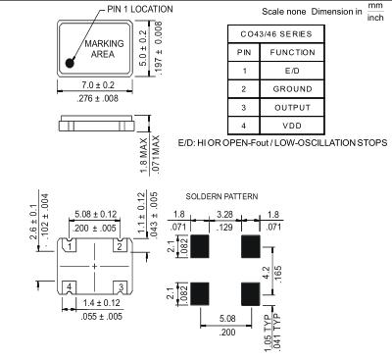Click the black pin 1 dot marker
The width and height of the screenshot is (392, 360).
coord(70,63)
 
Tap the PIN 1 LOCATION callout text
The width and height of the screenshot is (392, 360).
coord(140,10)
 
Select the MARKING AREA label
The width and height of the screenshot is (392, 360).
coord(104,49)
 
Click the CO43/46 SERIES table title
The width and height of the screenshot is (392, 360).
coord(276,34)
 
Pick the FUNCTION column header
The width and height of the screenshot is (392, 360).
coord(292,52)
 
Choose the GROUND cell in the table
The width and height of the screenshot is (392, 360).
coord(292,89)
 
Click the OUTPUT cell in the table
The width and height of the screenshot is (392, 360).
coord(292,108)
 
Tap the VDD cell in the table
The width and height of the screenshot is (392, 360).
coord(292,126)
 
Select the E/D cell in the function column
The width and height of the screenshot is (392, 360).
coord(292,71)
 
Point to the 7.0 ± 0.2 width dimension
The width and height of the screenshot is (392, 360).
coord(98,85)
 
